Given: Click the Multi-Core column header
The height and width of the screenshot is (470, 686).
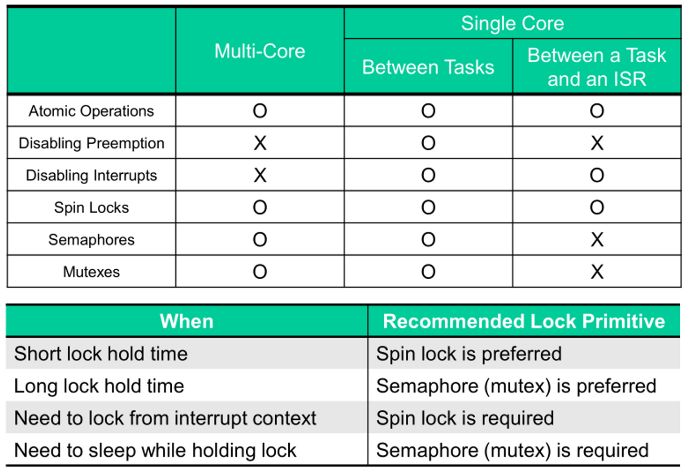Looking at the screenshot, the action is pyautogui.click(x=260, y=51).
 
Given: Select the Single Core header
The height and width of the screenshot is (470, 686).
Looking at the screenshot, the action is pyautogui.click(x=512, y=23).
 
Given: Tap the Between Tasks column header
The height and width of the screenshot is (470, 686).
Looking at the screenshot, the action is pyautogui.click(x=428, y=67).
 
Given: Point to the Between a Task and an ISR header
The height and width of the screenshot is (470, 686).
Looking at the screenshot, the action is pyautogui.click(x=596, y=67).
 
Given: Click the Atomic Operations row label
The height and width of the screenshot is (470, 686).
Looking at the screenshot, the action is pyautogui.click(x=91, y=111).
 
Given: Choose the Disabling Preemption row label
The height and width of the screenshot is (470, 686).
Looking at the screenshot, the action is pyautogui.click(x=91, y=143).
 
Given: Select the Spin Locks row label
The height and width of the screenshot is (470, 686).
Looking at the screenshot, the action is pyautogui.click(x=91, y=207).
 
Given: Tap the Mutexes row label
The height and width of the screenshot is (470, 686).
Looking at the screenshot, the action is pyautogui.click(x=91, y=272).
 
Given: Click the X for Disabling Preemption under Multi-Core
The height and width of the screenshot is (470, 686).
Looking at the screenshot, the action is pyautogui.click(x=260, y=143).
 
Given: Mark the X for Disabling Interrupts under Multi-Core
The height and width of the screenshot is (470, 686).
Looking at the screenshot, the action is pyautogui.click(x=260, y=175).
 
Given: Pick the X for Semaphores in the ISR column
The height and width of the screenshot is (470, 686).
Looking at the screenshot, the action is pyautogui.click(x=597, y=239).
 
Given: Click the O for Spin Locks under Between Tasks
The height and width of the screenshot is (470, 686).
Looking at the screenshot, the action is pyautogui.click(x=428, y=207).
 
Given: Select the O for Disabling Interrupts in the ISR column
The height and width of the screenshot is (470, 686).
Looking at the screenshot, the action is pyautogui.click(x=597, y=175).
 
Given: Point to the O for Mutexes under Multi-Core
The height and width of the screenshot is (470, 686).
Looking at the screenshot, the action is pyautogui.click(x=260, y=272).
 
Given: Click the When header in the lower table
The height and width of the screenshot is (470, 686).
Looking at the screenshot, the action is pyautogui.click(x=187, y=321).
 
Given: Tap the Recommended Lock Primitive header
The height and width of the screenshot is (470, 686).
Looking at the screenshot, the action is pyautogui.click(x=524, y=321).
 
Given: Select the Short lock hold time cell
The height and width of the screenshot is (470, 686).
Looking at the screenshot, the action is pyautogui.click(x=101, y=354).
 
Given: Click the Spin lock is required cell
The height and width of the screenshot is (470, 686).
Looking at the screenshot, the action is pyautogui.click(x=465, y=418).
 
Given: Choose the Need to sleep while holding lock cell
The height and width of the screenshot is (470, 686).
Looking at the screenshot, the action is pyautogui.click(x=155, y=450).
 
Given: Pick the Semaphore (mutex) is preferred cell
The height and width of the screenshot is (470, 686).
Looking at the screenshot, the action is pyautogui.click(x=516, y=386).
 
